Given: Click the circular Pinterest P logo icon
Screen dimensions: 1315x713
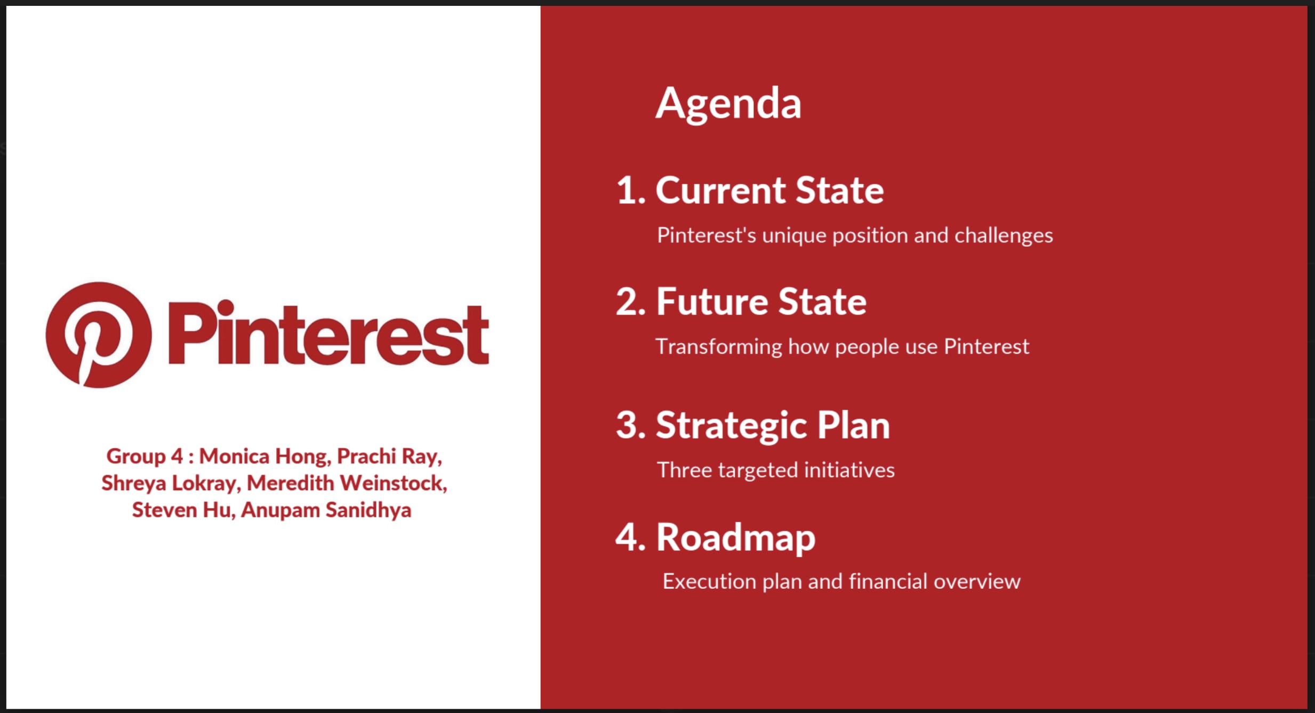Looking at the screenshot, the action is click(x=99, y=335).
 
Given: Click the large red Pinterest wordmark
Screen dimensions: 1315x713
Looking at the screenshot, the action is click(x=328, y=334).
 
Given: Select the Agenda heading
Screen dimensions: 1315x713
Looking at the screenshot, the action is click(x=728, y=104).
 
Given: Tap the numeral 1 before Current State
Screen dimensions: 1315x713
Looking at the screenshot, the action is click(x=630, y=191).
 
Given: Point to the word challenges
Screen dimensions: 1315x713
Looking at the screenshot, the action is click(x=1004, y=236).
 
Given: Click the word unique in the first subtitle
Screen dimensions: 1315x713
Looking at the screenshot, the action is click(x=794, y=236).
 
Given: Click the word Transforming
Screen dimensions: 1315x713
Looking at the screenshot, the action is click(x=719, y=347).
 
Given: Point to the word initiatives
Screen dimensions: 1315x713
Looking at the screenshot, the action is click(x=849, y=470).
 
